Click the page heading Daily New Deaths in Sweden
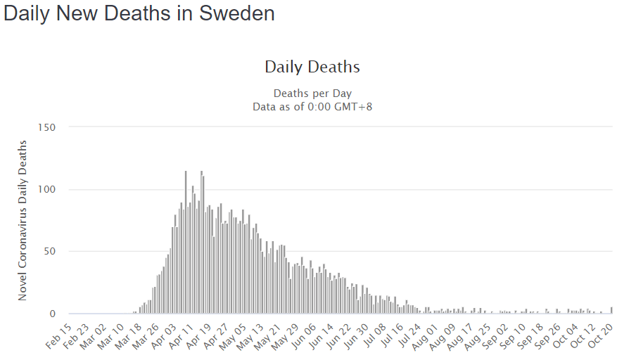pos(139,13)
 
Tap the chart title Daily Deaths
pos(312,67)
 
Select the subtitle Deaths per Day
pos(312,93)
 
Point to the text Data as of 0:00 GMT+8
pos(312,106)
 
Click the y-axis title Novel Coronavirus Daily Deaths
pos(23,220)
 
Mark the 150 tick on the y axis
pos(46,127)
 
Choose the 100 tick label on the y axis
pos(46,189)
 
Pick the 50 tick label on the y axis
pos(49,251)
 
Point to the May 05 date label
pos(233,333)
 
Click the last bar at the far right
pos(611,310)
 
